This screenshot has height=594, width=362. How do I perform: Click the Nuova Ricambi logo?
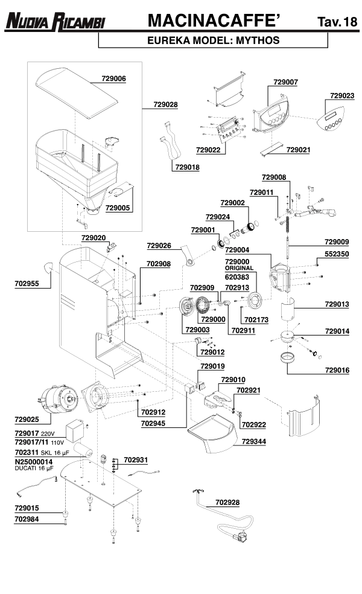pos(55,23)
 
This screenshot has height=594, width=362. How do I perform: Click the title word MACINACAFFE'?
pos(214,21)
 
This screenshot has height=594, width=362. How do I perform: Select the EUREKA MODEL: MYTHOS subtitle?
pos(213,41)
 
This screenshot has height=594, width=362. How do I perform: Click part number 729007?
pos(285,81)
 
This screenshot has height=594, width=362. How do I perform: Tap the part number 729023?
pos(342,95)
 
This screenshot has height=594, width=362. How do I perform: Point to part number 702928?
pos(227,502)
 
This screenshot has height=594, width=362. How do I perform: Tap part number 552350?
pos(337,255)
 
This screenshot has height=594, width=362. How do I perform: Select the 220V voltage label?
pos(48,434)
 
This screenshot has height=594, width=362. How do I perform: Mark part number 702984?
pos(27,518)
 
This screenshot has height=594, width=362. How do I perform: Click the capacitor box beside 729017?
pos(75,430)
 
